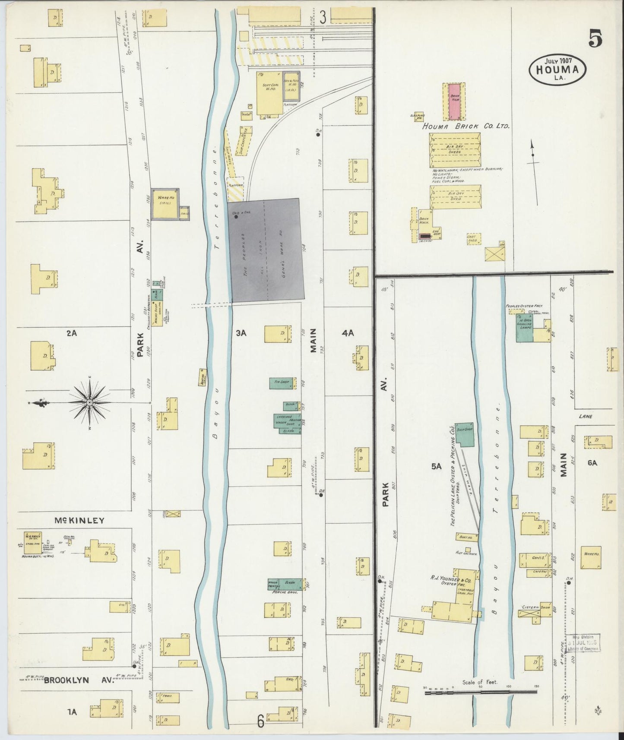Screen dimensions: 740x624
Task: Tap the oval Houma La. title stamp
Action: tap(557, 70)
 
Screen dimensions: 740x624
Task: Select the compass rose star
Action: tap(90, 402)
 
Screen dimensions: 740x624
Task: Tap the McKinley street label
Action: tap(79, 520)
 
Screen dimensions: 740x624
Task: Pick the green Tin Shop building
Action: tap(282, 383)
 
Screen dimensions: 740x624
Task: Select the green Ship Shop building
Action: tap(465, 435)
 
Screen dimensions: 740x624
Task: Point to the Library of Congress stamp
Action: tap(582, 643)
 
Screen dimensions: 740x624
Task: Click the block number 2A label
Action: tap(72, 333)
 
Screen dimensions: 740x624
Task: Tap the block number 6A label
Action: tap(592, 463)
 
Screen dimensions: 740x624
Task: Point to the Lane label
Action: tap(586, 417)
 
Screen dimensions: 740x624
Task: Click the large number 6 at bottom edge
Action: tap(260, 721)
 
